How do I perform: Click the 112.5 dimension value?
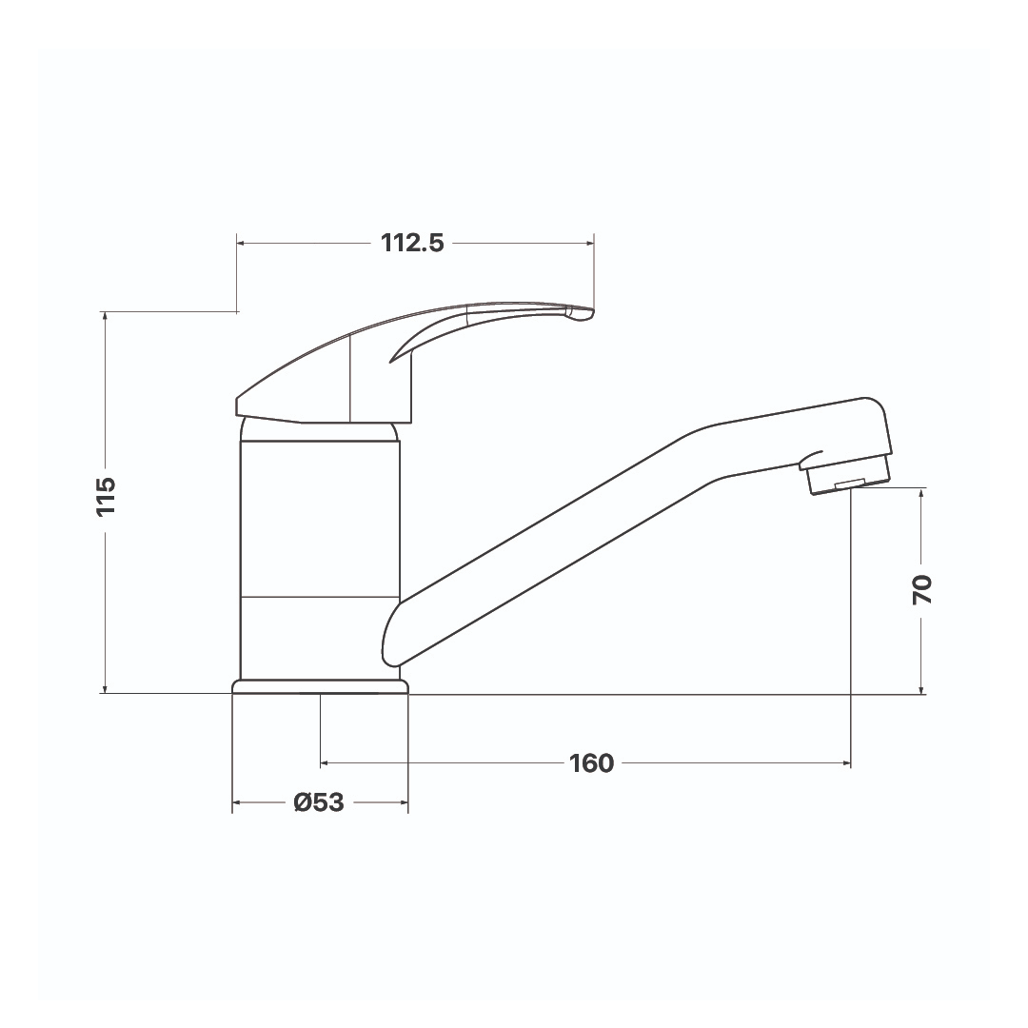click(412, 243)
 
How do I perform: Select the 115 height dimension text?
click(106, 496)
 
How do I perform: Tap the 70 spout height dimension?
click(921, 590)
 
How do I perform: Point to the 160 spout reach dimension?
click(591, 763)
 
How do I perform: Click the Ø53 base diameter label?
click(319, 803)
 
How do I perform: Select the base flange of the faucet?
click(320, 686)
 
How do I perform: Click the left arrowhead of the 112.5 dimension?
click(241, 244)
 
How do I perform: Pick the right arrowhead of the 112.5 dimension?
click(589, 244)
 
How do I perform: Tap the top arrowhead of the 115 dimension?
click(106, 316)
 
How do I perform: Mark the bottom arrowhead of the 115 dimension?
click(106, 689)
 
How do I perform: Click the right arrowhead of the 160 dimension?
click(845, 763)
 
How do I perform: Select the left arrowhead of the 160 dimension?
click(326, 763)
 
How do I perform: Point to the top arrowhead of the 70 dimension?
click(921, 492)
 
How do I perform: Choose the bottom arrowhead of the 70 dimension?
click(921, 689)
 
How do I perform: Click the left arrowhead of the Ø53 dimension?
click(237, 803)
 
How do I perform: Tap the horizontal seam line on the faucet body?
click(320, 597)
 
